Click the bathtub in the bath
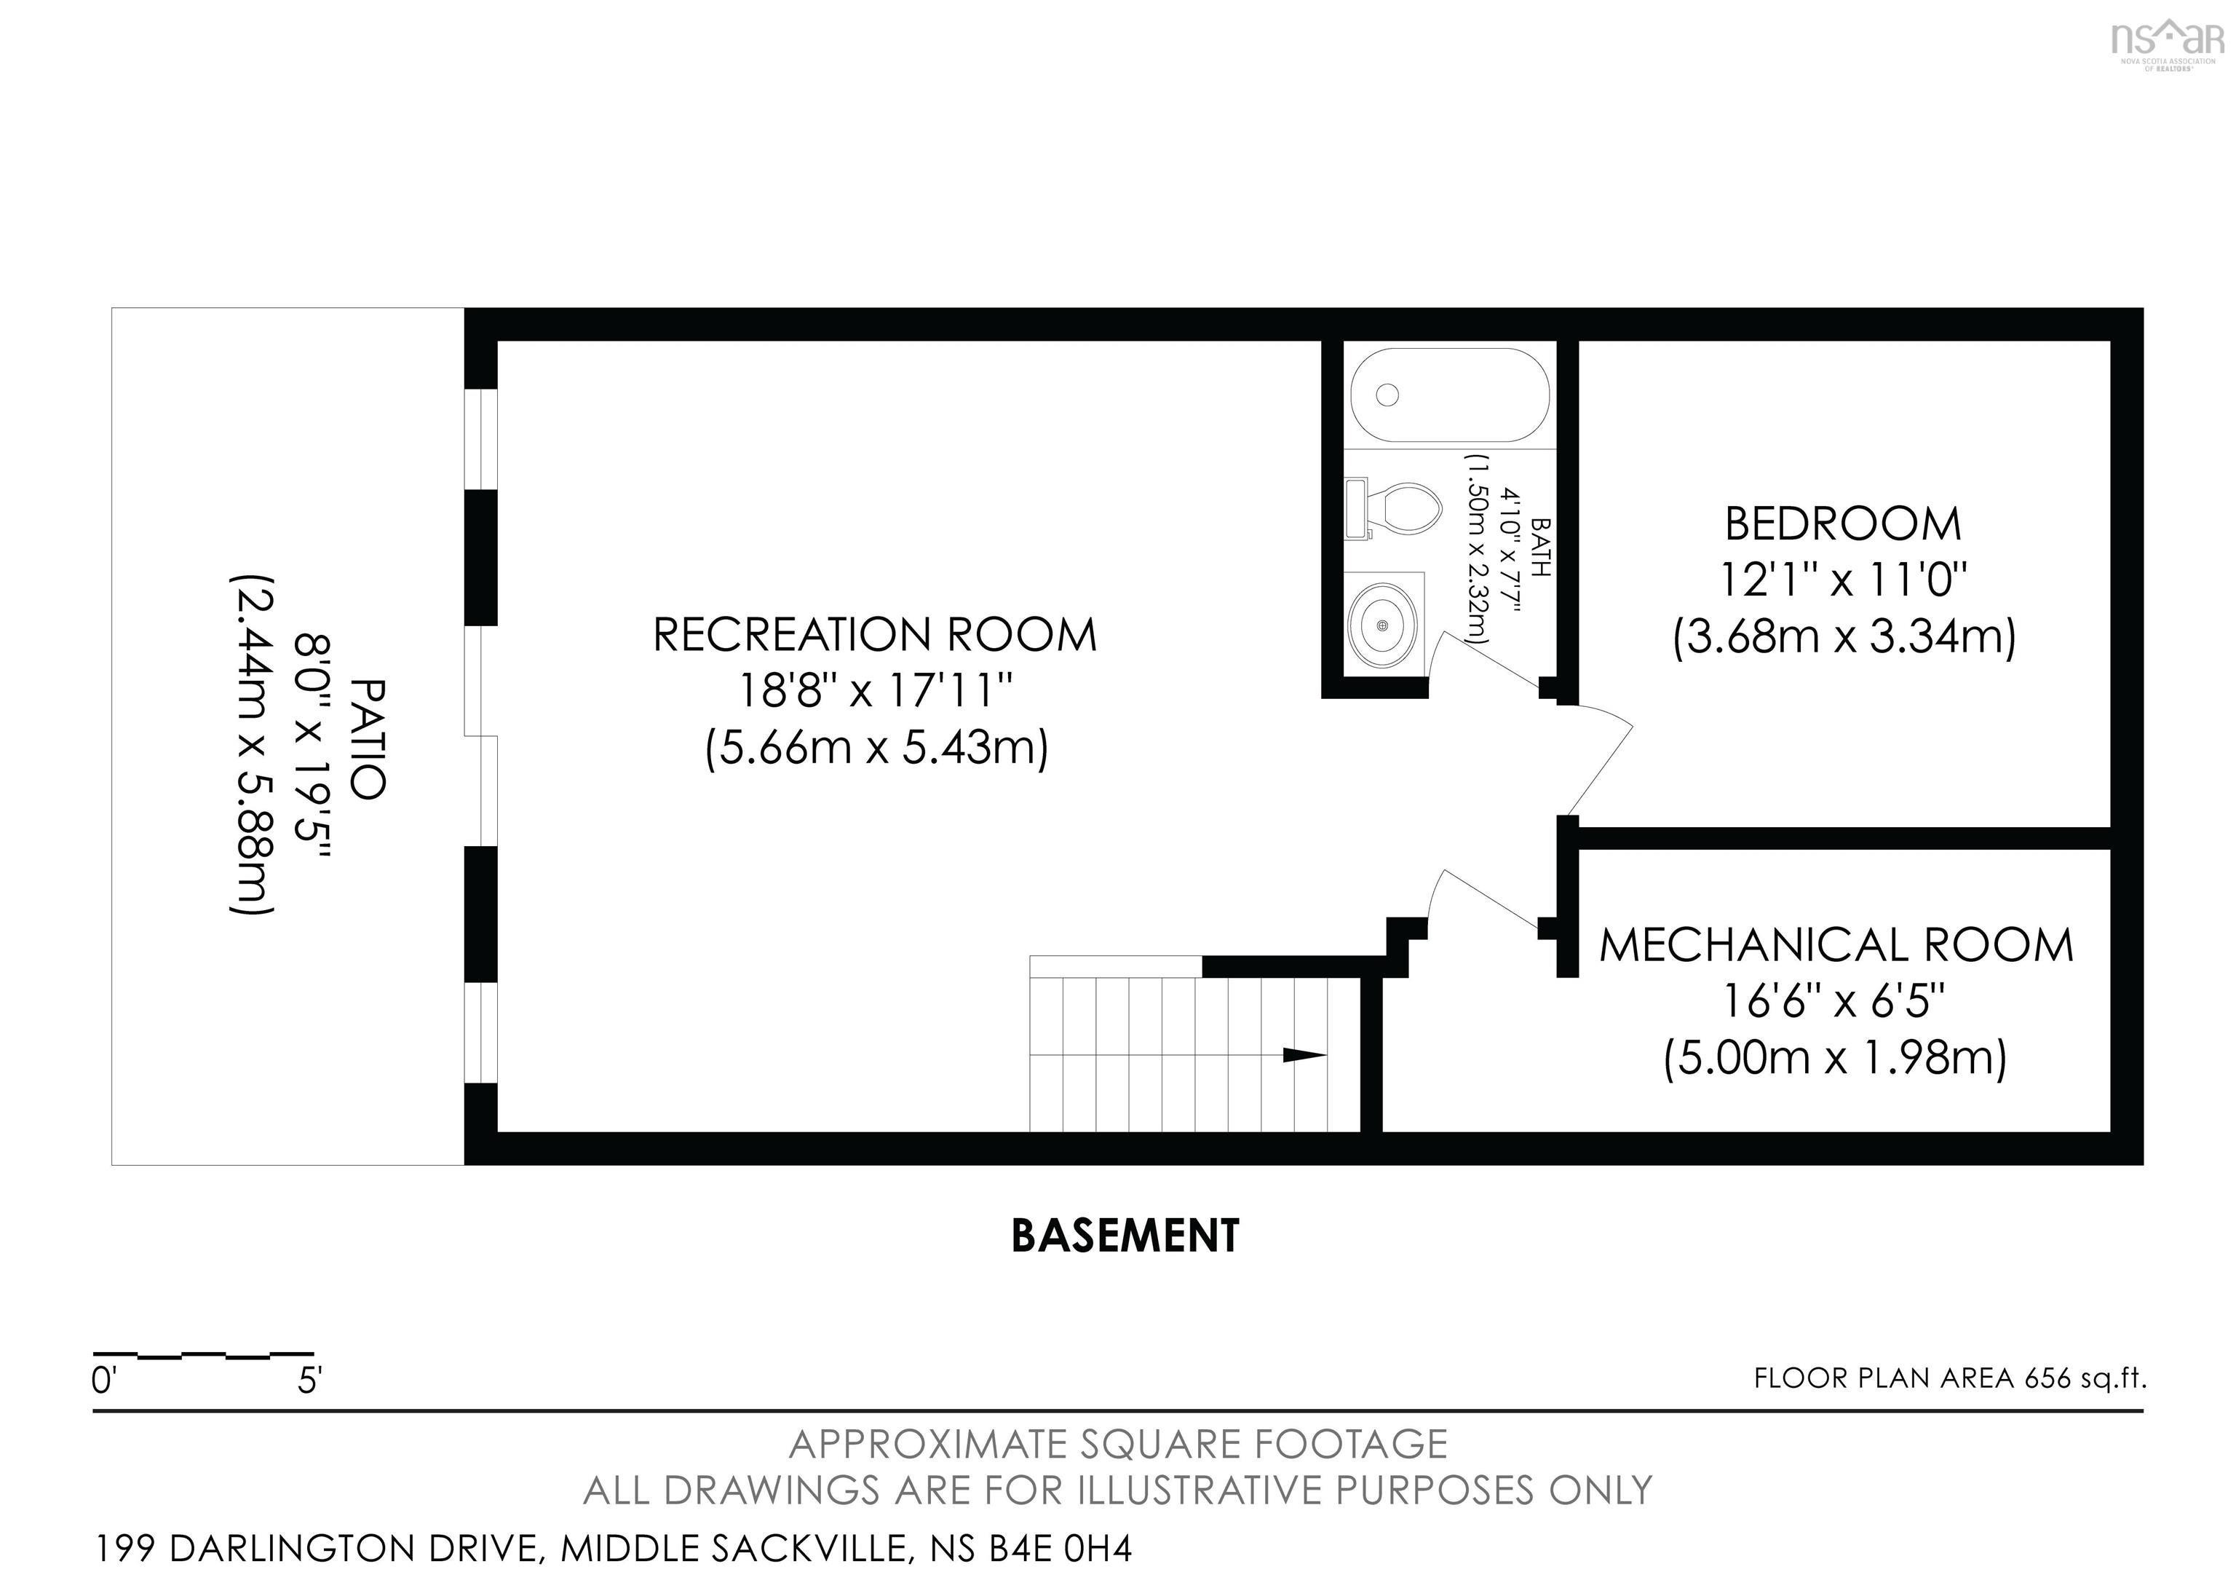1449,395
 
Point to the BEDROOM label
1842,524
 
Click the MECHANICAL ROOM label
1836,946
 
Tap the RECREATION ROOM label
875,635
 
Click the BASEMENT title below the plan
1125,1236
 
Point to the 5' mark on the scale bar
309,1380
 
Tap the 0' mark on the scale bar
104,1380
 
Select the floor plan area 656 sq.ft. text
1950,1378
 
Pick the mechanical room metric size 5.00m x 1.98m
1836,1059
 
